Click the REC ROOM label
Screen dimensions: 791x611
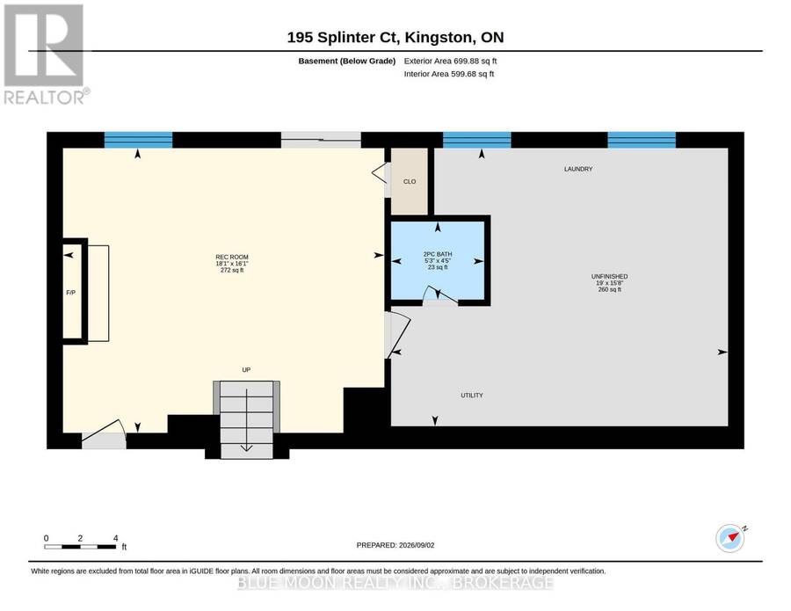232,257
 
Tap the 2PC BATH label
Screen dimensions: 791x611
438,254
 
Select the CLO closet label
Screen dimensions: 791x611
410,182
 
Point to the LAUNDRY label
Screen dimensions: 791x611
578,169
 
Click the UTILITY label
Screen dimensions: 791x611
472,395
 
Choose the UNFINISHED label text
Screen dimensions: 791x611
609,277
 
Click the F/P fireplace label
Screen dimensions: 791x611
70,293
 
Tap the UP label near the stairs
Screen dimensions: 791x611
246,370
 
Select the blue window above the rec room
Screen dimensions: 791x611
138,140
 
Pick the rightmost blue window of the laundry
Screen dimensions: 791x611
642,140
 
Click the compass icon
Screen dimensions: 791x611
730,539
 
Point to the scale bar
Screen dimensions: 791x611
80,547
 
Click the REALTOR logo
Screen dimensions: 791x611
46,54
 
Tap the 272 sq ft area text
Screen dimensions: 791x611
232,270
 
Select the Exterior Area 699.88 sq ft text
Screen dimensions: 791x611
450,61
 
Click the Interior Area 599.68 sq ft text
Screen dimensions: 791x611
449,74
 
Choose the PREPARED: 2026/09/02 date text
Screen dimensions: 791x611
395,545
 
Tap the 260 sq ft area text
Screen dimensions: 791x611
609,289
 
